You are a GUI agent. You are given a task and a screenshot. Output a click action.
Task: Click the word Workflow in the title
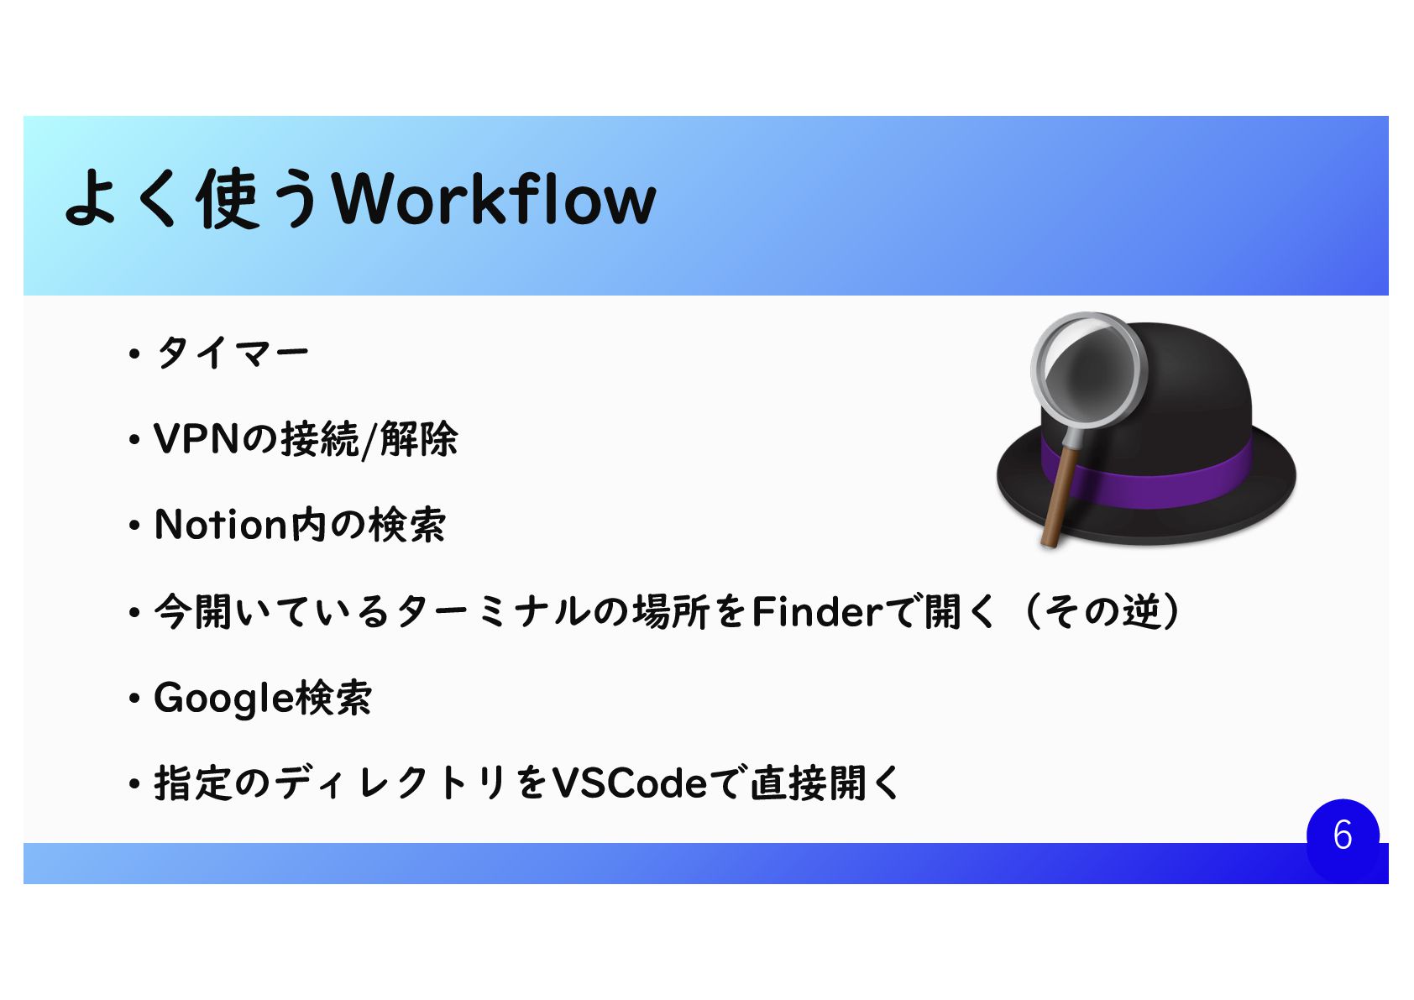pos(495,200)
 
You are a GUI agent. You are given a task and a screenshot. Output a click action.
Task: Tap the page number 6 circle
pos(1342,835)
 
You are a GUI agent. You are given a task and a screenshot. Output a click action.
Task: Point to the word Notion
pos(221,526)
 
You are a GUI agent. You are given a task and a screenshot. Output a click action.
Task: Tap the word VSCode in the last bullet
pos(630,784)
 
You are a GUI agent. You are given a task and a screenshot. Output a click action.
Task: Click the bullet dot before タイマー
pos(134,354)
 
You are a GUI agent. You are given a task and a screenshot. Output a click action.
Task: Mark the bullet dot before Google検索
pos(134,699)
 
